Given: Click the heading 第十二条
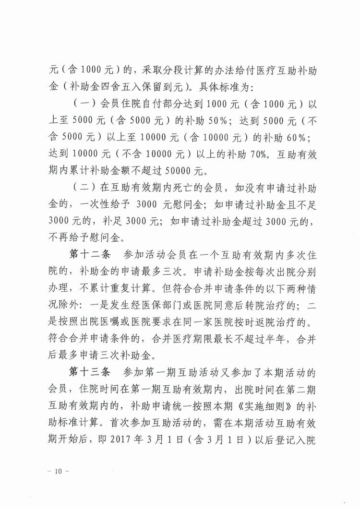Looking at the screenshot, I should point(85,253).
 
